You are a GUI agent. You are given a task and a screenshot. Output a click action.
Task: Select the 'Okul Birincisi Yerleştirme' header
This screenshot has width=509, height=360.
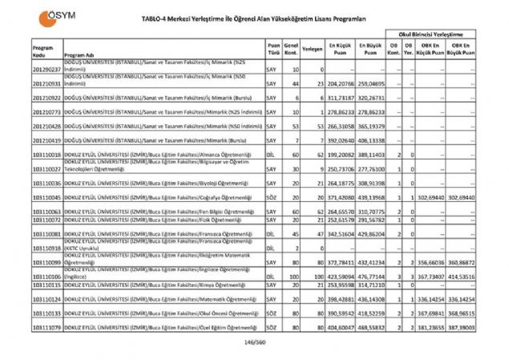tap(433, 36)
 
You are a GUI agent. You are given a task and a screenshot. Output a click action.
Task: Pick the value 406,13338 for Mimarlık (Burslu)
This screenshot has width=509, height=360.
tap(371, 140)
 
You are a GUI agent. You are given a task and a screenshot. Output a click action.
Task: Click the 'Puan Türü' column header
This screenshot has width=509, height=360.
tap(273, 50)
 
